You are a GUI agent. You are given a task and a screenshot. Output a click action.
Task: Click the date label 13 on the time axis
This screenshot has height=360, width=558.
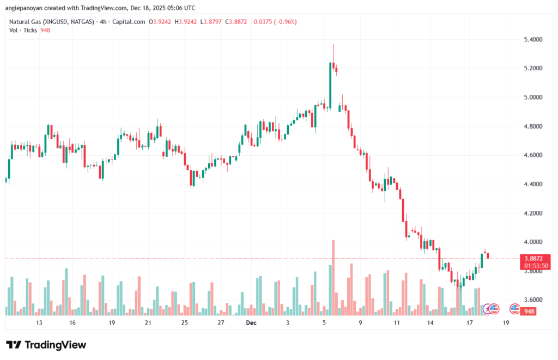pos(39,322)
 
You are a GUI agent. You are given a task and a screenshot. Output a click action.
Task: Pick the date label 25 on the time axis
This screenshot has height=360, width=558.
pos(184,322)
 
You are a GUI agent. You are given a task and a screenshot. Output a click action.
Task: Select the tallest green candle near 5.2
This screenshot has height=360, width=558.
pos(330,85)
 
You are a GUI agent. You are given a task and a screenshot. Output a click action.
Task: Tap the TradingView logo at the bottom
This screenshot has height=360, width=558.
pos(46,345)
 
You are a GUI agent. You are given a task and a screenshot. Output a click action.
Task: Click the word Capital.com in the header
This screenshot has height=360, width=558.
pos(131,22)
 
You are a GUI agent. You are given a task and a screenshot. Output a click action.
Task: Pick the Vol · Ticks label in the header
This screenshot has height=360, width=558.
pos(23,30)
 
